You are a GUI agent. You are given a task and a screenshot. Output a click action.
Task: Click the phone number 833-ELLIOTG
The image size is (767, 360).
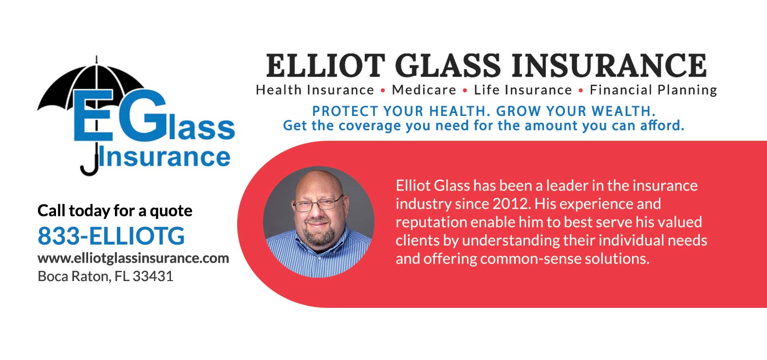(111, 236)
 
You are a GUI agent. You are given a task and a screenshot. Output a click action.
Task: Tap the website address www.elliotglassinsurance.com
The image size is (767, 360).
(133, 258)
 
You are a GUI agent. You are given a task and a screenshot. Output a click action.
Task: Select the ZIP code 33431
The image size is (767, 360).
(153, 276)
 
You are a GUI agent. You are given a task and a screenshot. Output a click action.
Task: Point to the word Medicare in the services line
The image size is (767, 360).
(424, 90)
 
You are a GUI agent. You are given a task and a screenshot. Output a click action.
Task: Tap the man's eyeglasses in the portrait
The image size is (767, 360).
(317, 203)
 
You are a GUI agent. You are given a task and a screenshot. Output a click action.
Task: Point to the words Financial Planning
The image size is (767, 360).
(653, 90)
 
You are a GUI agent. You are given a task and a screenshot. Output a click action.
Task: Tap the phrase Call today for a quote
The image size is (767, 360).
(115, 210)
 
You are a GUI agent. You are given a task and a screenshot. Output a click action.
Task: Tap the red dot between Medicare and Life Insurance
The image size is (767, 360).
(465, 91)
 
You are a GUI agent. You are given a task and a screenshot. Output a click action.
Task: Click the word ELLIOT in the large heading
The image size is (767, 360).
(325, 66)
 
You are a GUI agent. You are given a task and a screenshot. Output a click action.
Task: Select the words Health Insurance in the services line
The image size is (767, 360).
(315, 90)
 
